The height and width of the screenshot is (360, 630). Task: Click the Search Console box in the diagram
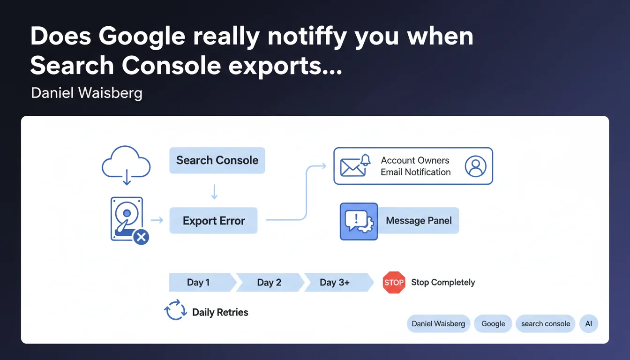click(x=217, y=160)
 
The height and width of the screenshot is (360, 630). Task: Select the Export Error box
click(x=213, y=220)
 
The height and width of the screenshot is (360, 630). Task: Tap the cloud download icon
click(x=126, y=165)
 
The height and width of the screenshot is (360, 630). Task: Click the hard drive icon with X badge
click(x=129, y=220)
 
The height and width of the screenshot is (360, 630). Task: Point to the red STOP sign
click(x=394, y=282)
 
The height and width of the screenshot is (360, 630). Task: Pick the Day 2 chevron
click(x=270, y=282)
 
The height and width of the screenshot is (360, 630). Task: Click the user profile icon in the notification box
click(x=476, y=166)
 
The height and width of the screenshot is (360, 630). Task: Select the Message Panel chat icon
click(x=359, y=222)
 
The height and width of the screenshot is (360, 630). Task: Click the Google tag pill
click(x=493, y=324)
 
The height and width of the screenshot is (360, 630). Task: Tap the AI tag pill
click(x=589, y=324)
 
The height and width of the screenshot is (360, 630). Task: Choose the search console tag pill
click(x=546, y=324)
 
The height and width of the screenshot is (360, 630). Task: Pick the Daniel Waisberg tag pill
click(x=438, y=324)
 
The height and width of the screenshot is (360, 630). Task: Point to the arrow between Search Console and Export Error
click(x=214, y=192)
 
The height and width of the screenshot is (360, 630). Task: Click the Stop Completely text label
click(x=443, y=282)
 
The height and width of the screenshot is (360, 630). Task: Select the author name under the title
click(x=87, y=93)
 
